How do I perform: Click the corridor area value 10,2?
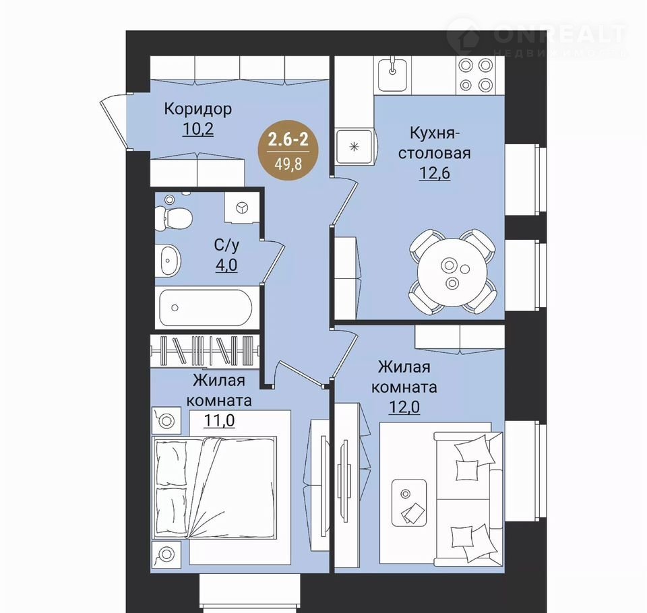pos(198,129)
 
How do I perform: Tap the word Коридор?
pos(198,109)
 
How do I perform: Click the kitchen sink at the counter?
pos(392,75)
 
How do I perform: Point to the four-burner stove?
pos(476,75)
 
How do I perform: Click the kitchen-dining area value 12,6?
pos(435,173)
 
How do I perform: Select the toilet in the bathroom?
pos(173,216)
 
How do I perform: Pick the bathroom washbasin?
pos(168,260)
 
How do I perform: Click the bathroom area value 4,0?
pos(226,265)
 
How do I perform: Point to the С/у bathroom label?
pos(226,245)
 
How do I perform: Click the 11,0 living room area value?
pos(219,420)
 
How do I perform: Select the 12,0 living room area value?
pos(404,407)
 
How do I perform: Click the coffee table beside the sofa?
pos(408,503)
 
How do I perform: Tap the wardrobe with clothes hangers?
pos(205,351)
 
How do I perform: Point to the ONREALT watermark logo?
pos(536,36)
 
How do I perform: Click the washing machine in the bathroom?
pos(242,207)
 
